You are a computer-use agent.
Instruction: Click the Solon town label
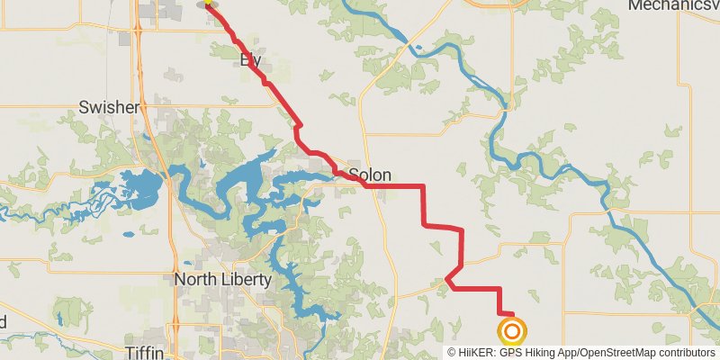368,175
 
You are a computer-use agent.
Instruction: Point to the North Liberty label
222,280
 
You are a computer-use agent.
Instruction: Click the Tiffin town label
145,351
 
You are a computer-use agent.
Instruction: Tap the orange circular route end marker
512,331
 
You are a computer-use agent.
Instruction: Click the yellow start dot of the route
208,3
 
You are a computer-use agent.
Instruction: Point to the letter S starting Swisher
84,107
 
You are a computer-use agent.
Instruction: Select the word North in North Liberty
193,280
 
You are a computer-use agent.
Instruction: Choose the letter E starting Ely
243,61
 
